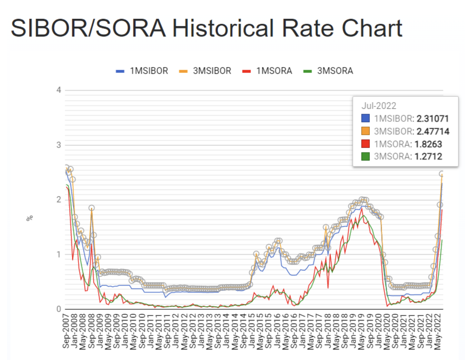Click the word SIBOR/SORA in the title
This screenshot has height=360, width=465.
(x=88, y=28)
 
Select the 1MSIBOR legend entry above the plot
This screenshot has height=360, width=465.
(x=149, y=71)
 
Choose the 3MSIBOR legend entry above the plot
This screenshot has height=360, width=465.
(x=212, y=71)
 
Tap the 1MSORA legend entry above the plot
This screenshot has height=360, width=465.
(x=274, y=71)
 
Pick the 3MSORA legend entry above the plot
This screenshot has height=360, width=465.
(x=335, y=71)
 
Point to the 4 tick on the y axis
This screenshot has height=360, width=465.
(x=59, y=90)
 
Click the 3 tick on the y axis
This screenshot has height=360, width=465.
(x=59, y=145)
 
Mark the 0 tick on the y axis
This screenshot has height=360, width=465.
(x=59, y=309)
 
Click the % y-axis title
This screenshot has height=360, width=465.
(x=30, y=218)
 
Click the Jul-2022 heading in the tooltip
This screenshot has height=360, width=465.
(x=379, y=106)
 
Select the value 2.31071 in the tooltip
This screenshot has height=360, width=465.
(x=432, y=119)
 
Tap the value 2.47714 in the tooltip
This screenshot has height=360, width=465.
(x=433, y=131)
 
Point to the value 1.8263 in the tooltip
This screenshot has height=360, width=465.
(x=428, y=144)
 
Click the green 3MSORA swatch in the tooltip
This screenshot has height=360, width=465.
(x=365, y=156)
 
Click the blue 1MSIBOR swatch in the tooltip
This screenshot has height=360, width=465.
(x=365, y=118)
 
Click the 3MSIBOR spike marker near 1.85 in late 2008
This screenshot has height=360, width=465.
(x=92, y=208)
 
